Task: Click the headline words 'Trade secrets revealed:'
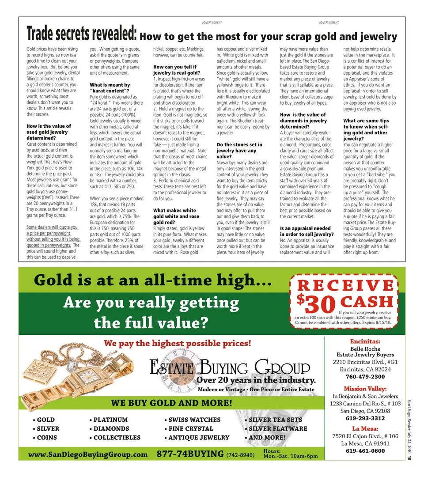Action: point(82,34)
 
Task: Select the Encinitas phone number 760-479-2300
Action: point(365,377)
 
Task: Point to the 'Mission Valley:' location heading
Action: point(365,389)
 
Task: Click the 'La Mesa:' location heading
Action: point(365,428)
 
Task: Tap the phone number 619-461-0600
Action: point(365,451)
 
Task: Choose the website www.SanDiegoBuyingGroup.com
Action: point(87,454)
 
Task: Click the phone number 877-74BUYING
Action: point(190,454)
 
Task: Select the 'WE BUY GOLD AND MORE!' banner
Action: point(171,403)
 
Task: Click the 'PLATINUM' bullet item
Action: point(110,420)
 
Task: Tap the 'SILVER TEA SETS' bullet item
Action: point(276,420)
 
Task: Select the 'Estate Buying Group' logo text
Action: point(230,367)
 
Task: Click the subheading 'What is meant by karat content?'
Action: point(110,87)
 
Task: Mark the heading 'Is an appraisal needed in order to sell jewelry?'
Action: point(306,231)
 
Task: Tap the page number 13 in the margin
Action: point(410,458)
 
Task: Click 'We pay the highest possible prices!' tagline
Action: point(177,343)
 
